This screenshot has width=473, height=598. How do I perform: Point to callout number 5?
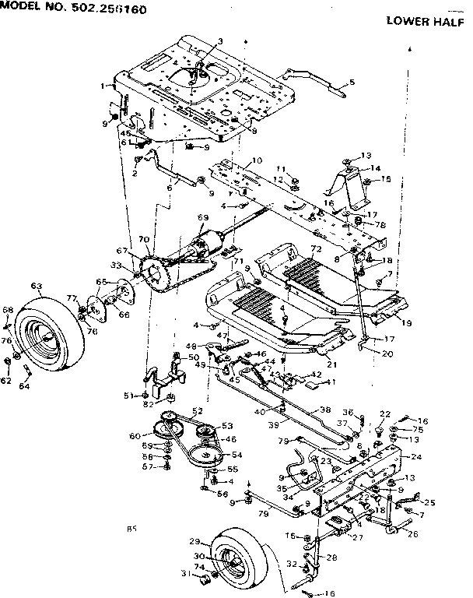[352, 82]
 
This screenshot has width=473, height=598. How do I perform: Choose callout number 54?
[236, 454]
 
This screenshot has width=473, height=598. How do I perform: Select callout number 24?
[416, 457]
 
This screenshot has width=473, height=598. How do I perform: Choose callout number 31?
[186, 574]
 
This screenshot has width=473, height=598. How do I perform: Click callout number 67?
[121, 251]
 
